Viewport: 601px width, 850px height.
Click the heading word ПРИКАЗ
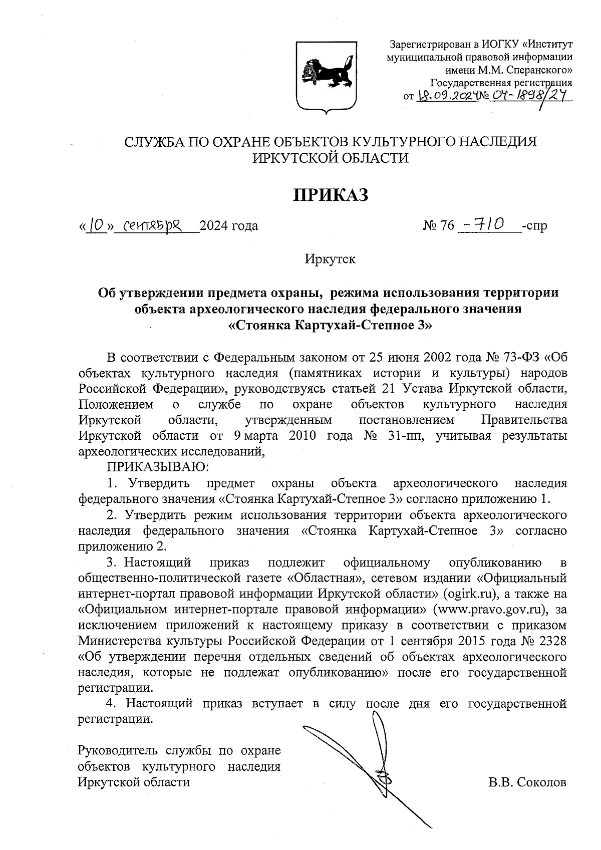tap(331, 195)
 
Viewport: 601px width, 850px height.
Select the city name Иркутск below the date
tap(330, 259)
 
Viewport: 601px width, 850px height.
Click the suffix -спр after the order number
tap(534, 226)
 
